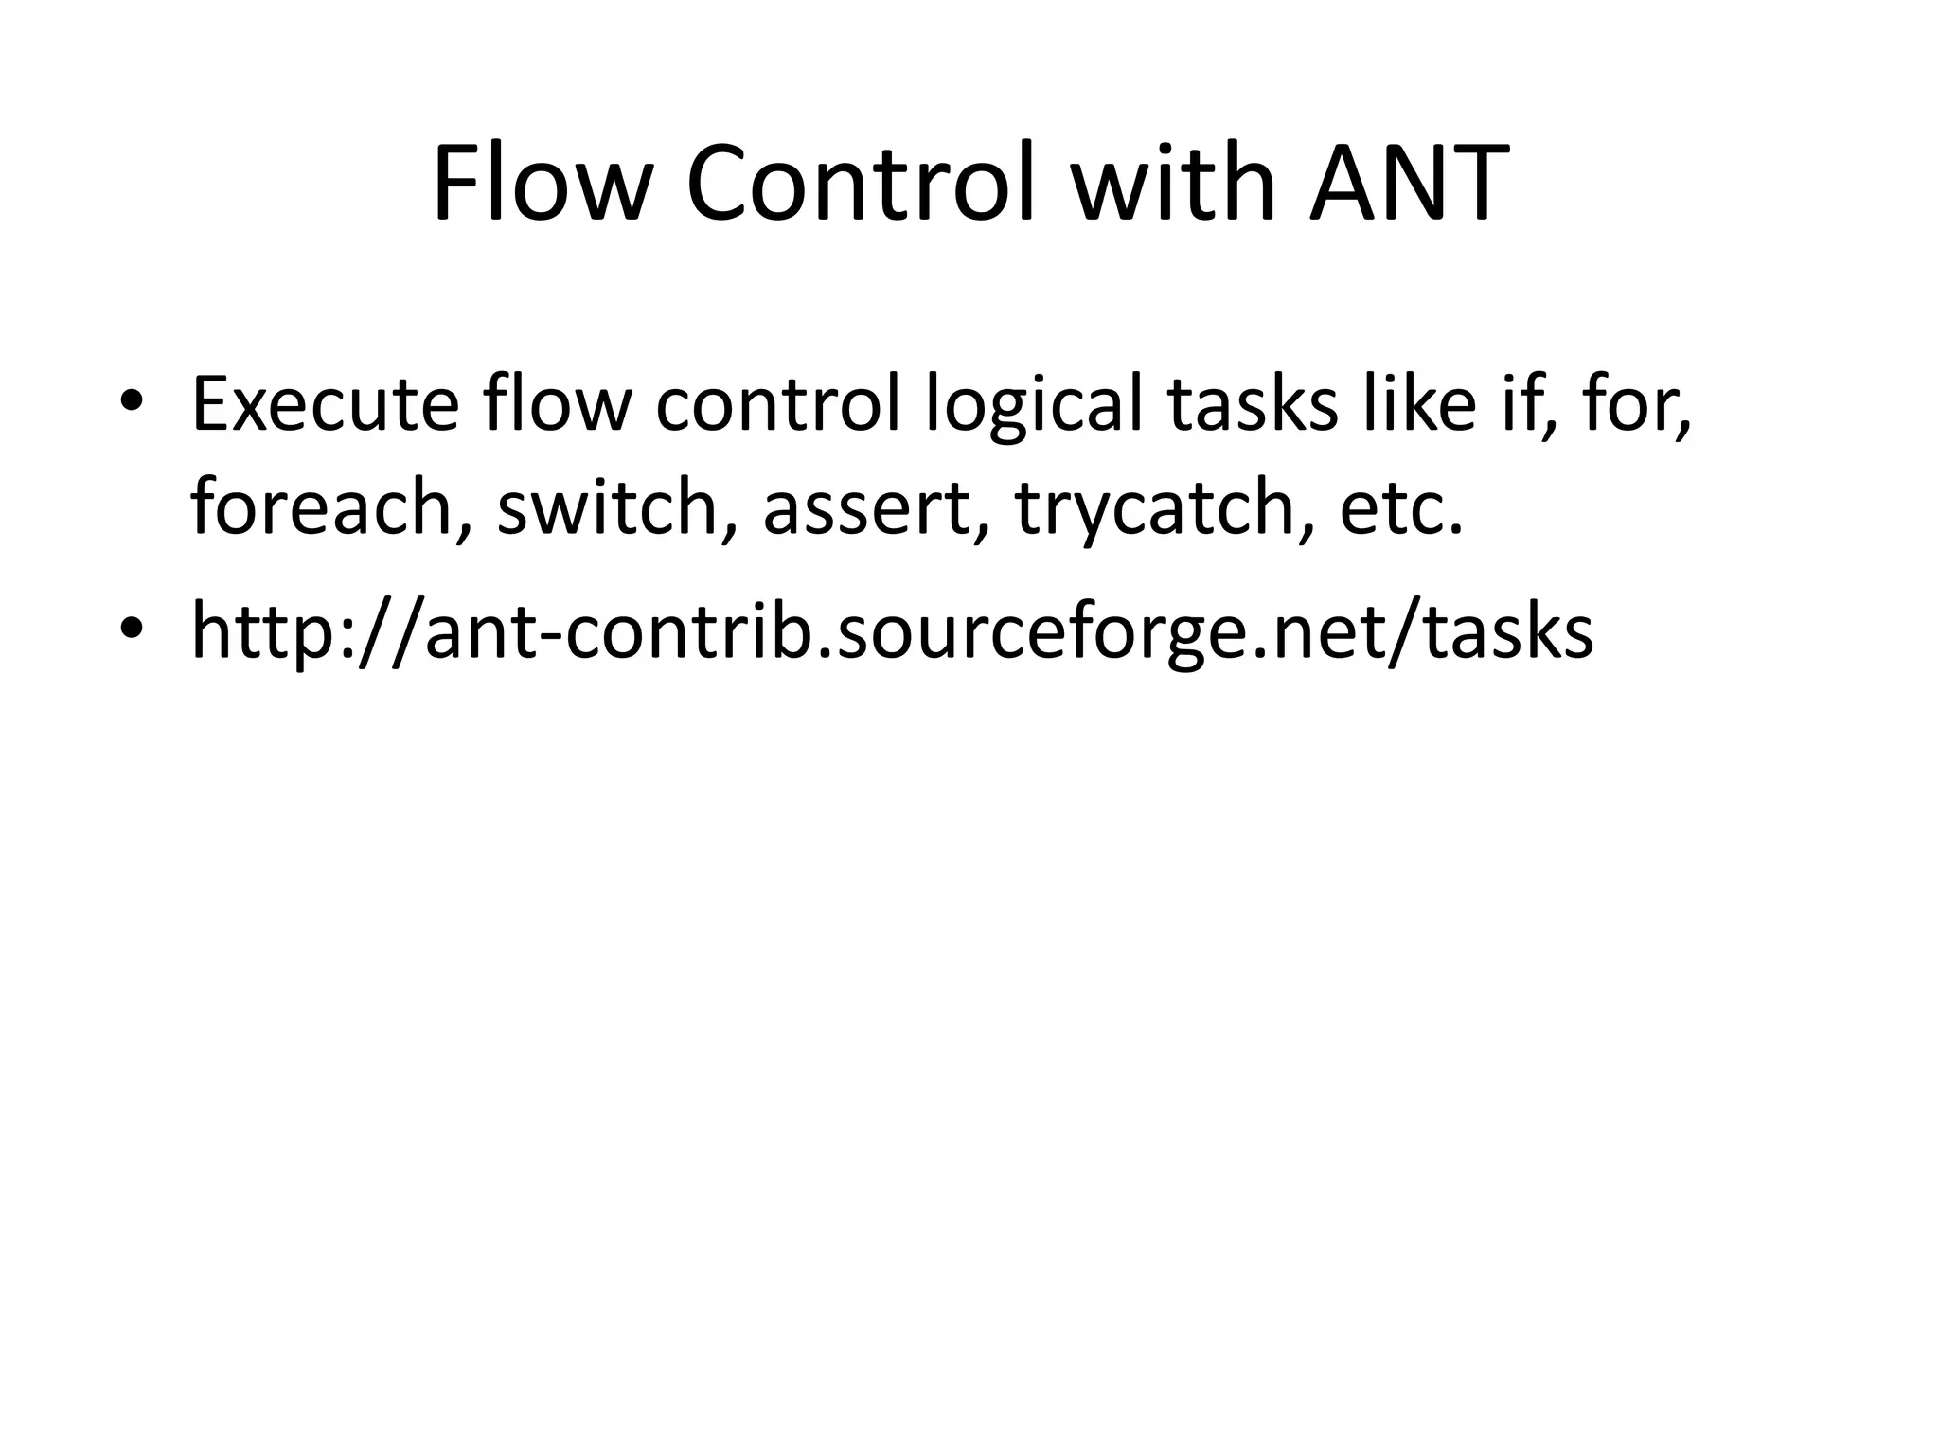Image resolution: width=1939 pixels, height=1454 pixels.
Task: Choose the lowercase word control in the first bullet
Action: (x=777, y=405)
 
